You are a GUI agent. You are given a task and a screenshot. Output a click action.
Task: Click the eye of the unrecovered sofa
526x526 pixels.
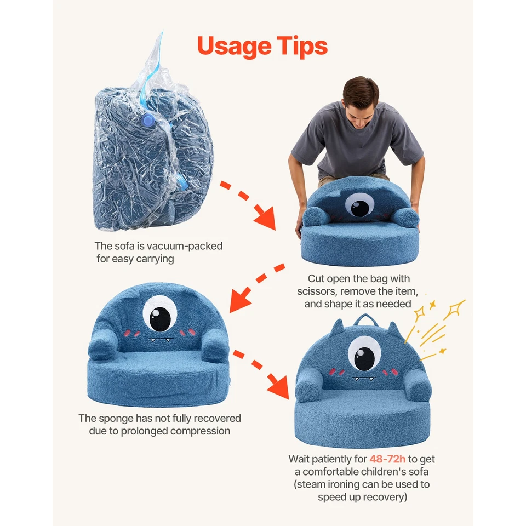point(160,313)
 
